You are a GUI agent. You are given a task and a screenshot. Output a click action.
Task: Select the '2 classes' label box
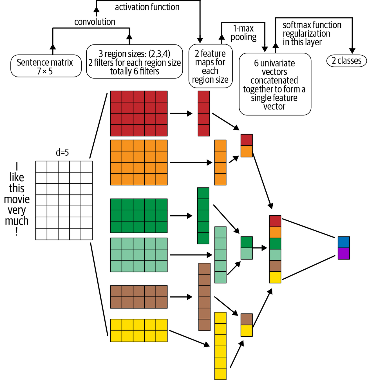tap(346, 61)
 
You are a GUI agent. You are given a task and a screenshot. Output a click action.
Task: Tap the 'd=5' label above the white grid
tap(62, 153)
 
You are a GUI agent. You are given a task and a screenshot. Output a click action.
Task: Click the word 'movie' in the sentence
tap(17, 199)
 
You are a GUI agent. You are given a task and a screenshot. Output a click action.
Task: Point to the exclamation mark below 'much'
tap(17, 231)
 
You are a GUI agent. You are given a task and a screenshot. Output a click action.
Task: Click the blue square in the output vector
tap(344, 242)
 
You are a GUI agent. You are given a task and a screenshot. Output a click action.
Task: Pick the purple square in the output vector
tap(344, 254)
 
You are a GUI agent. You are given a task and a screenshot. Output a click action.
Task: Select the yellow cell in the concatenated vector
tap(275, 277)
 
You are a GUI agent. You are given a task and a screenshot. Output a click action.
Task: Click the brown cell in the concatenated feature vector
tap(275, 266)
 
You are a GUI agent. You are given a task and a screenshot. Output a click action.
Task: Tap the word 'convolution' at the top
tap(95, 22)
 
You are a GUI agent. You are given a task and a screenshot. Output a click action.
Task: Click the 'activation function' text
tap(147, 7)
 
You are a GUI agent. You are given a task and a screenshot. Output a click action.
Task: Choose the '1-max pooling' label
tap(243, 33)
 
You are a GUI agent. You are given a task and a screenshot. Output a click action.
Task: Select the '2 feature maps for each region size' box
tap(210, 66)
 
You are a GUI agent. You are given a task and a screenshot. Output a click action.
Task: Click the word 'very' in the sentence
tap(17, 210)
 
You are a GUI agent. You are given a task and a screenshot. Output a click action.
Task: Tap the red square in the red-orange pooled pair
tap(247, 140)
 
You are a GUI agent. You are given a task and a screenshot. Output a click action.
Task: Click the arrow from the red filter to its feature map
tap(181, 113)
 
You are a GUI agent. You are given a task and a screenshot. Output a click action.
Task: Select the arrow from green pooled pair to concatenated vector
tap(259, 248)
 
